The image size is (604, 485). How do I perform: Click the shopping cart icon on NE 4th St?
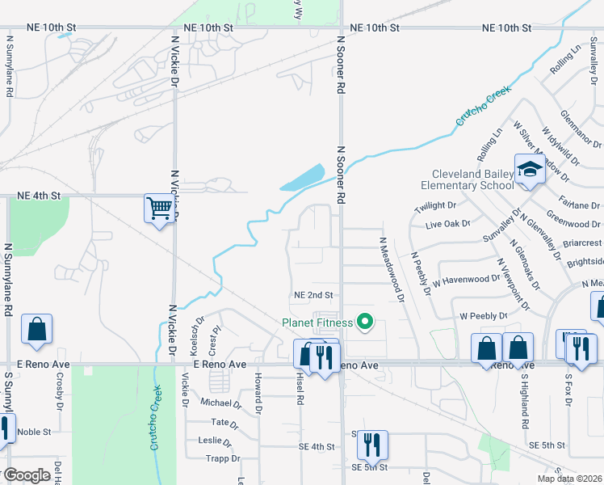160,209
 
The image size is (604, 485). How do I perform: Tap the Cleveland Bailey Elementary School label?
472,179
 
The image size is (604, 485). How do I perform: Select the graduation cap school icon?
530,169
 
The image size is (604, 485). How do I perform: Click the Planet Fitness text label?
317,323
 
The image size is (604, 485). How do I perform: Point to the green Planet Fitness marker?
365,323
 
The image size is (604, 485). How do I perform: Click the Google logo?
27,475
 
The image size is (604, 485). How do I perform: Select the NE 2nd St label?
313,296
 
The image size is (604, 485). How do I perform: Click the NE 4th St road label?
39,196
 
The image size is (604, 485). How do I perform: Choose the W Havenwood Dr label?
467,280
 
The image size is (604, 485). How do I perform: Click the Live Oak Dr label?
447,223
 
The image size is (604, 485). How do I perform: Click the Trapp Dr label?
224,458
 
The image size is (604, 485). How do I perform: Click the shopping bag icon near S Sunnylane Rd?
37,329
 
